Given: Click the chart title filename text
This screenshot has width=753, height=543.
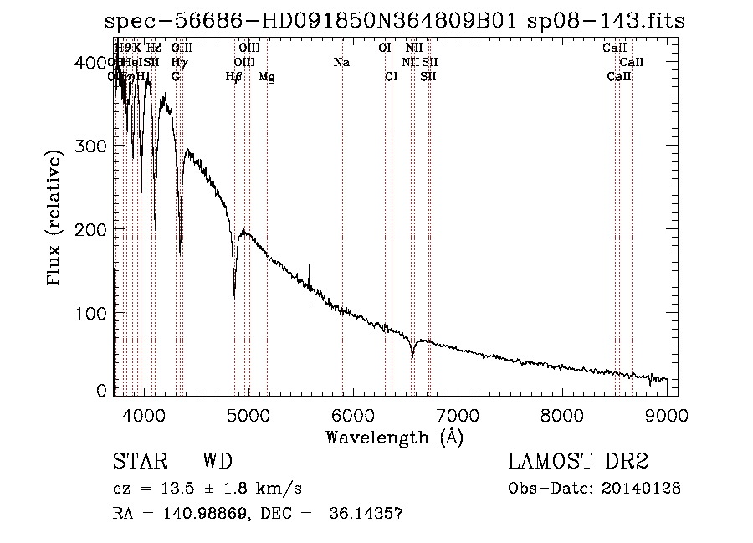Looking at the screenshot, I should (x=399, y=21).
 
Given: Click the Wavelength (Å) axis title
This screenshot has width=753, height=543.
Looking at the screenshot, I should (x=394, y=437).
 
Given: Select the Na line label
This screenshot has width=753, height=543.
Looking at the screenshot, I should (x=341, y=62).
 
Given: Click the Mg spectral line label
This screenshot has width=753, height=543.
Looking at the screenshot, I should (x=267, y=77).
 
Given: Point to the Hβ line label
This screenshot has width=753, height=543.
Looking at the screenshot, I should (x=234, y=77).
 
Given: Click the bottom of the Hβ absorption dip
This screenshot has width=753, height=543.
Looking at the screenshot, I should (x=234, y=295).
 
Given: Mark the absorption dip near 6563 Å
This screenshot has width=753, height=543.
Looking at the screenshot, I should (x=412, y=355).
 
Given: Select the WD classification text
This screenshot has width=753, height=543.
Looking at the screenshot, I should (x=217, y=463).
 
